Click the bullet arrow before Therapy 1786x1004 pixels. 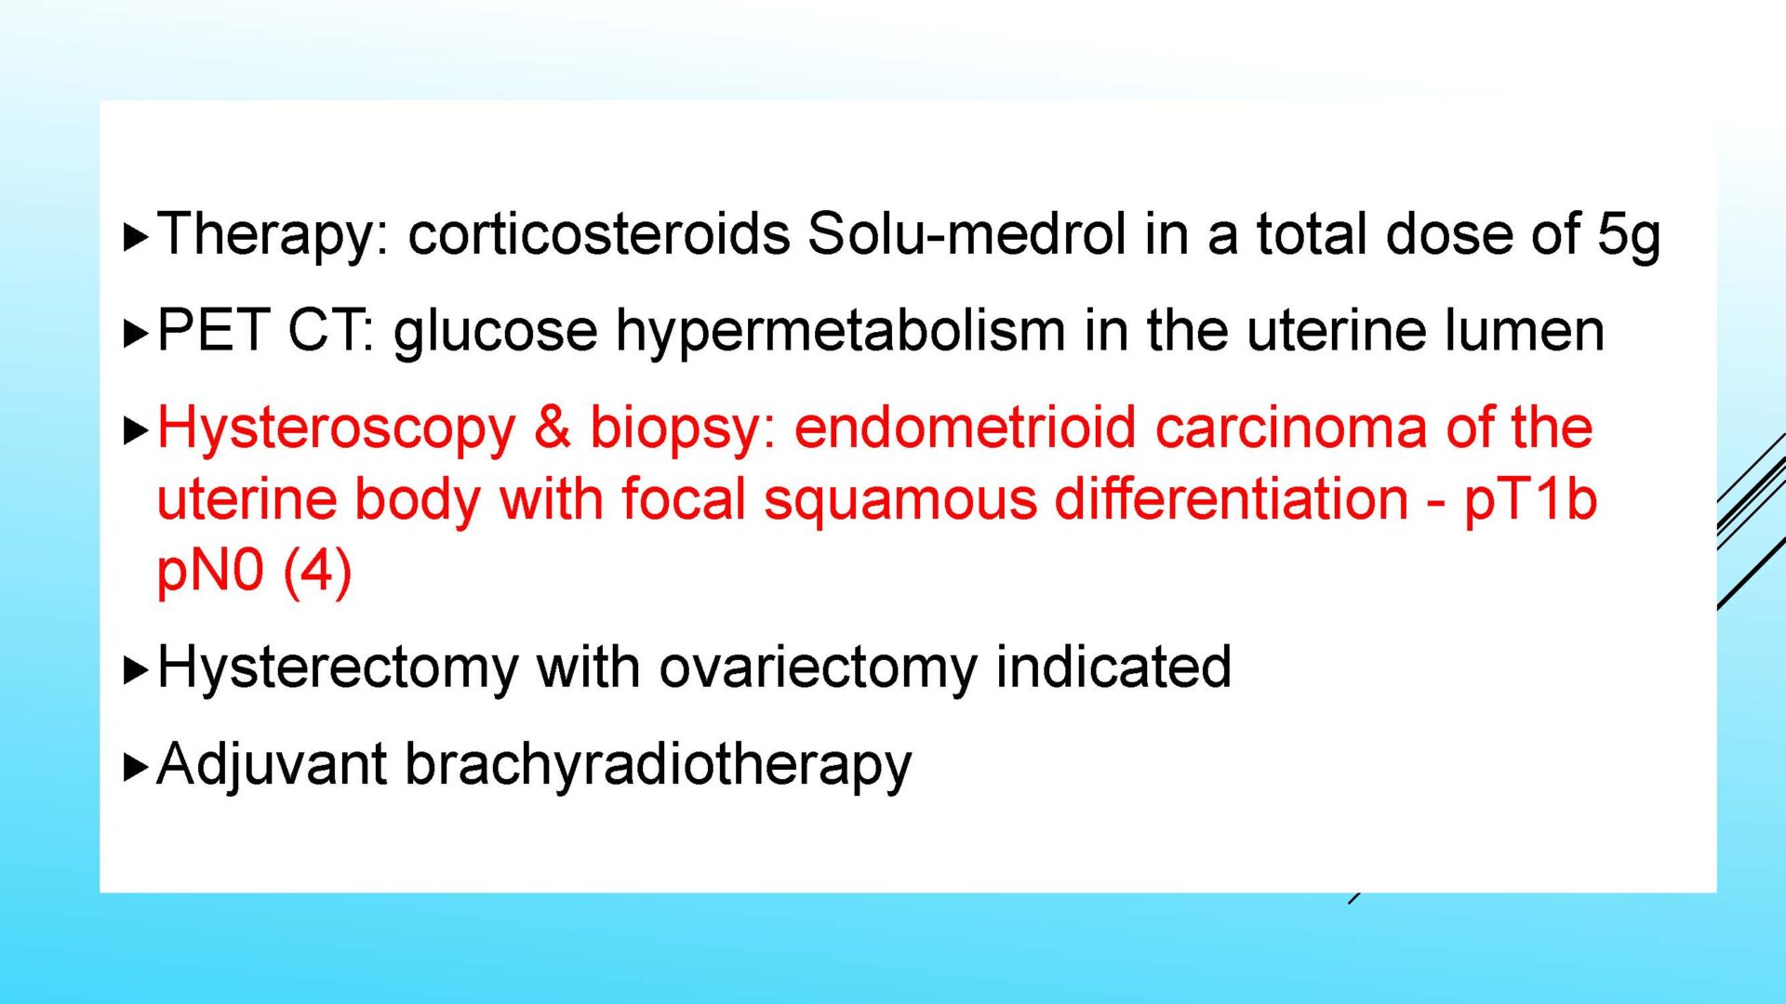tap(136, 237)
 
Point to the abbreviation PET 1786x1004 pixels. tap(214, 330)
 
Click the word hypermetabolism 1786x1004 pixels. tap(841, 333)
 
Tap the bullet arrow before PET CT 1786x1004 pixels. tap(136, 334)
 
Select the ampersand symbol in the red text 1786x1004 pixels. tap(553, 428)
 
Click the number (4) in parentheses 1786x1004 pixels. tap(317, 572)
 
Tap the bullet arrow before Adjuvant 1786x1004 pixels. tap(136, 768)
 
